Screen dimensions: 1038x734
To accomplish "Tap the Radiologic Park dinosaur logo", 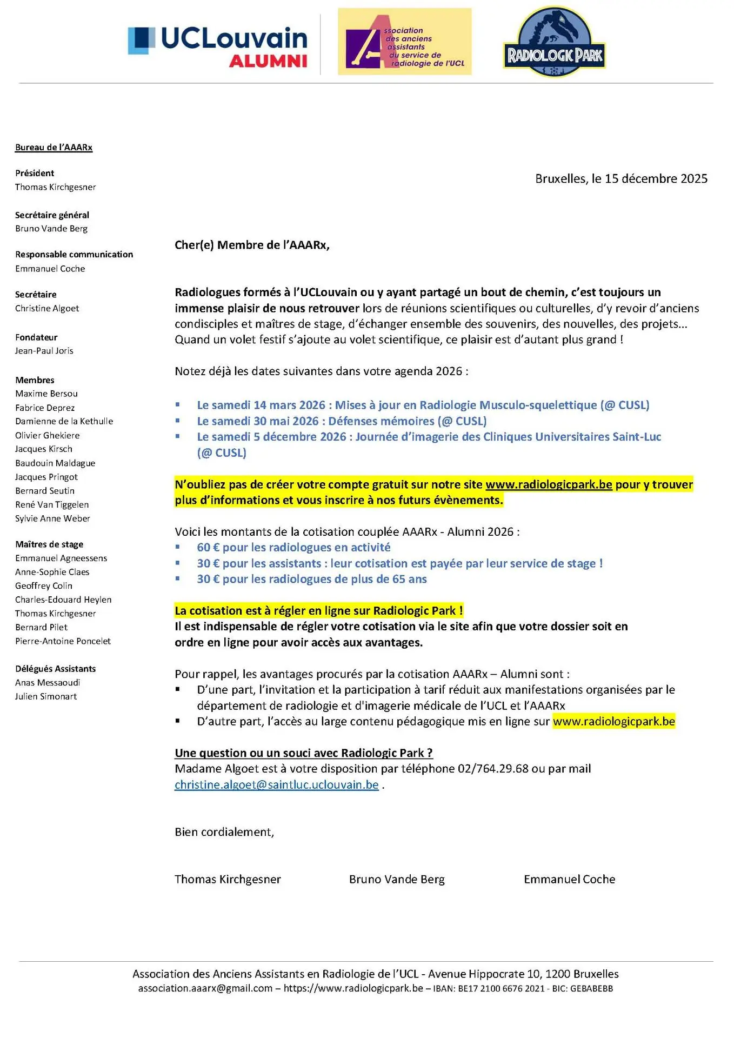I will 555,42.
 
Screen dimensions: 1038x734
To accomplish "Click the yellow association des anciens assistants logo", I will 404,42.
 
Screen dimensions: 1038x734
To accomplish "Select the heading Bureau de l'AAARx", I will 54,148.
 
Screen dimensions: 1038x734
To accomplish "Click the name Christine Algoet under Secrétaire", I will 47,309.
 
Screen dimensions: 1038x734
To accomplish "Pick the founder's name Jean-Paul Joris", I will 44,351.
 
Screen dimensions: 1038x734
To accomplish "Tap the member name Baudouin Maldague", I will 55,463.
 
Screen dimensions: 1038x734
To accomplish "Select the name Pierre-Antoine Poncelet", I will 63,641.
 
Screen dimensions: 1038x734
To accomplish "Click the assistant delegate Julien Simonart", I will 46,697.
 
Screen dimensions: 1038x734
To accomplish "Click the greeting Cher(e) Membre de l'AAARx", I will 252,245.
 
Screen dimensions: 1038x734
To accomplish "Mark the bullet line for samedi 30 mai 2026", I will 341,421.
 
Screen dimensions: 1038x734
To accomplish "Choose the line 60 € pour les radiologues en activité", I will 293,548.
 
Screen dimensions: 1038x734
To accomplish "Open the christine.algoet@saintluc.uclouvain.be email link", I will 276,785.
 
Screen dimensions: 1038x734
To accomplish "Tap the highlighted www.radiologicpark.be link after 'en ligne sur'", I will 613,722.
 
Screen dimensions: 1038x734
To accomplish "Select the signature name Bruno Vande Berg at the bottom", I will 397,880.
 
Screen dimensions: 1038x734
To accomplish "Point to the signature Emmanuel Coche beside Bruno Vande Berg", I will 569,880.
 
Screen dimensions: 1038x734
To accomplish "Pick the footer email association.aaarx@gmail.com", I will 205,989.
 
